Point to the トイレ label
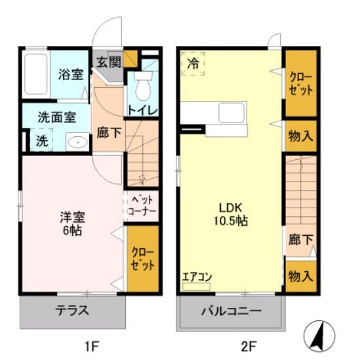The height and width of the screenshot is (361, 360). click(x=143, y=110)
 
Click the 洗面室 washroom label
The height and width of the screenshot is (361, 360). click(x=56, y=118)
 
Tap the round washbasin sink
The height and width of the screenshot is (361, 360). click(x=77, y=140)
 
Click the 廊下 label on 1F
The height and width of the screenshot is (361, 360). click(x=109, y=132)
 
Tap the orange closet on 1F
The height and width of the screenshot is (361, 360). click(x=142, y=258)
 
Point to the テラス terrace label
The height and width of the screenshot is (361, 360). click(x=73, y=311)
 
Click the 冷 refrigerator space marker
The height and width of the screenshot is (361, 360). click(x=193, y=64)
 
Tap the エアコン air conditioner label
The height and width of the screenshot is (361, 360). click(x=197, y=276)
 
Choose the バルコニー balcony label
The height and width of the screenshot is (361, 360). click(x=231, y=311)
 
